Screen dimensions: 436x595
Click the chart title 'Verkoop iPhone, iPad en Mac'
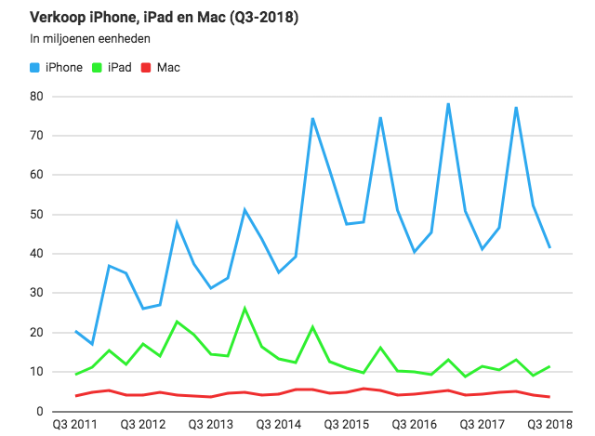pos(132,18)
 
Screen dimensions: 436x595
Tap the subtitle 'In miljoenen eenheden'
pos(90,39)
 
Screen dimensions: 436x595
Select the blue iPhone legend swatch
pos(36,68)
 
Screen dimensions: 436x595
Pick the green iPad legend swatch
pos(99,68)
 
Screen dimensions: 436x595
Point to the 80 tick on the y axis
pos(37,96)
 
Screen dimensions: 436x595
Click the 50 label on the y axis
pos(37,214)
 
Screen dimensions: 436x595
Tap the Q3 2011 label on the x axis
pos(75,425)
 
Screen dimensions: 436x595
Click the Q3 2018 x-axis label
pos(549,425)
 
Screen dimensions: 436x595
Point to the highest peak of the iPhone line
pos(448,103)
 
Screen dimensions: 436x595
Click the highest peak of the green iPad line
pos(245,308)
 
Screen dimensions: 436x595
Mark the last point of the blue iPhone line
pos(549,247)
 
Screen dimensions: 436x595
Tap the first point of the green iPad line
pos(75,374)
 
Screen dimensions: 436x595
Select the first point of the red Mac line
pos(75,395)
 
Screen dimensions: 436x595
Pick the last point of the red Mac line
pos(549,397)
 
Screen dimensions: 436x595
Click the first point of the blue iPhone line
pos(75,331)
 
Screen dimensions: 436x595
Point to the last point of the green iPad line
pos(549,366)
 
